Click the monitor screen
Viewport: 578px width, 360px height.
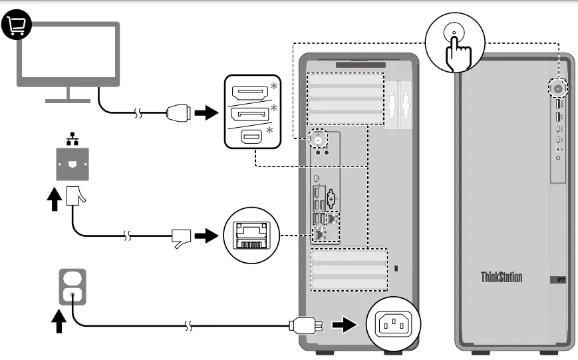[68, 57]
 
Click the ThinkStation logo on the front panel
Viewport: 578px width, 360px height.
[502, 277]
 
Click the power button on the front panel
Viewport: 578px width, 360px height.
[557, 87]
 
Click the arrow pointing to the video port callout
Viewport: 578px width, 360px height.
[209, 112]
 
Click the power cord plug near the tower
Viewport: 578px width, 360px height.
[303, 326]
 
